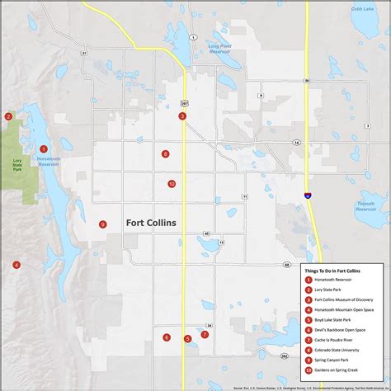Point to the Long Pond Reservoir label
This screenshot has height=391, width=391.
tap(219, 48)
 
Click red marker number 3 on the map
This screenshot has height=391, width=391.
tap(182, 116)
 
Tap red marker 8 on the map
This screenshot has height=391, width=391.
tap(165, 153)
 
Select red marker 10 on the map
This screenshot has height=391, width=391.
tap(172, 184)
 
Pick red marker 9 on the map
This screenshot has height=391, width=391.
tap(103, 224)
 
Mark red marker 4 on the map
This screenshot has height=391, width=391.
tap(16, 265)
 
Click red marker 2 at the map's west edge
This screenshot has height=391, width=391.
tap(8, 116)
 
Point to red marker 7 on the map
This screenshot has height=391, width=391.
tap(205, 334)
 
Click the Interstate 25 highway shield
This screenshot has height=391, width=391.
tap(308, 196)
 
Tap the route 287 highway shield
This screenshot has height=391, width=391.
tap(185, 102)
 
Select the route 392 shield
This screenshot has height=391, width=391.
tap(285, 356)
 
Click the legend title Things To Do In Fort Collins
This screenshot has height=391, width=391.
tap(342, 271)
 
